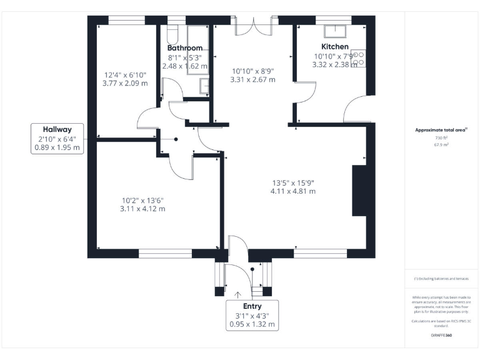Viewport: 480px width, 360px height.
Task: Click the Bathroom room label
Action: coord(185,48)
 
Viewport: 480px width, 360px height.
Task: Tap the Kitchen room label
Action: coord(334,47)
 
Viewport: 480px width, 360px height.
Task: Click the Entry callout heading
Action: coord(252,306)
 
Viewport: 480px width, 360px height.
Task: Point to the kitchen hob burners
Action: coord(359,59)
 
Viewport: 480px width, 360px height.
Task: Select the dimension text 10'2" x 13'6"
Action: coord(142,201)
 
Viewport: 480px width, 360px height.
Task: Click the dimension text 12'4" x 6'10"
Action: coord(126,74)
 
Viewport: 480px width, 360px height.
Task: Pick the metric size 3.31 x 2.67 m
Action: coord(252,80)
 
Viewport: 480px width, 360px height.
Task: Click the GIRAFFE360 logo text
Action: coord(441,336)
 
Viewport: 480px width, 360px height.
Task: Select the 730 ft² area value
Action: coord(442,137)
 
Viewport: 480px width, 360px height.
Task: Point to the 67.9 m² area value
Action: coord(442,144)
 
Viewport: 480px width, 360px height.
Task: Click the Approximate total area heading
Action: coord(441,130)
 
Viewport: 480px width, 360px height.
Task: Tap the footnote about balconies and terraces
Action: coord(441,279)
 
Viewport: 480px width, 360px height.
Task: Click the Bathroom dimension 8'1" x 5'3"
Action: coord(185,57)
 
